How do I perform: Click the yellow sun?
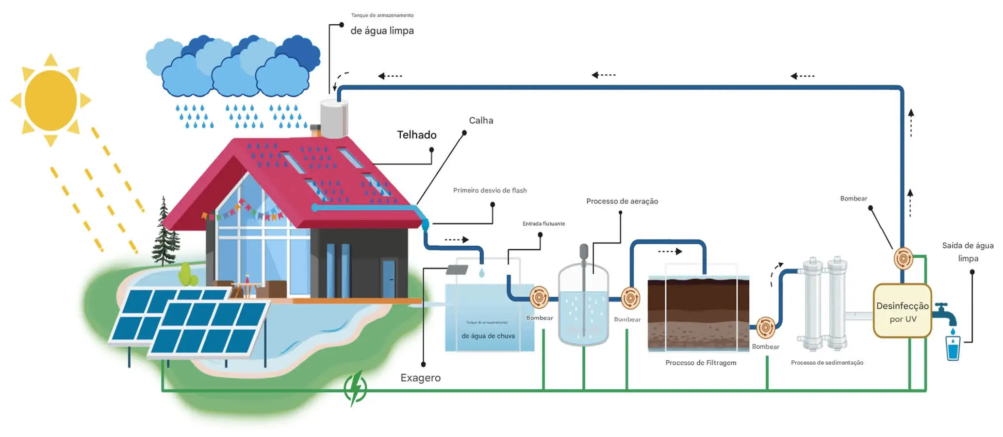(50, 101)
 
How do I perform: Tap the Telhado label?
(416, 135)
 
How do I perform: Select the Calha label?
(481, 120)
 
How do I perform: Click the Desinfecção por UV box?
(902, 311)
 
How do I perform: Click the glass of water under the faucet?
(953, 348)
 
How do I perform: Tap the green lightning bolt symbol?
(355, 388)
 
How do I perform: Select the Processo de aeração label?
(622, 201)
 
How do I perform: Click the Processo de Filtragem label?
(700, 363)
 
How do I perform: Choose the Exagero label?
(420, 378)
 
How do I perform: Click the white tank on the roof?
(333, 119)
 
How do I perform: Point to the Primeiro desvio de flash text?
(490, 190)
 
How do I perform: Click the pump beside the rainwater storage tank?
(539, 297)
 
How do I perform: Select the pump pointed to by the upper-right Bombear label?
(903, 259)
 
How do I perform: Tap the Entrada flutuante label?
(543, 224)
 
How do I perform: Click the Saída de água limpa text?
(968, 252)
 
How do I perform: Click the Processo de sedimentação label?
(827, 363)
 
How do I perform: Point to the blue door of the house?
(388, 279)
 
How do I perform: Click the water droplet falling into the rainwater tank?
(481, 273)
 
